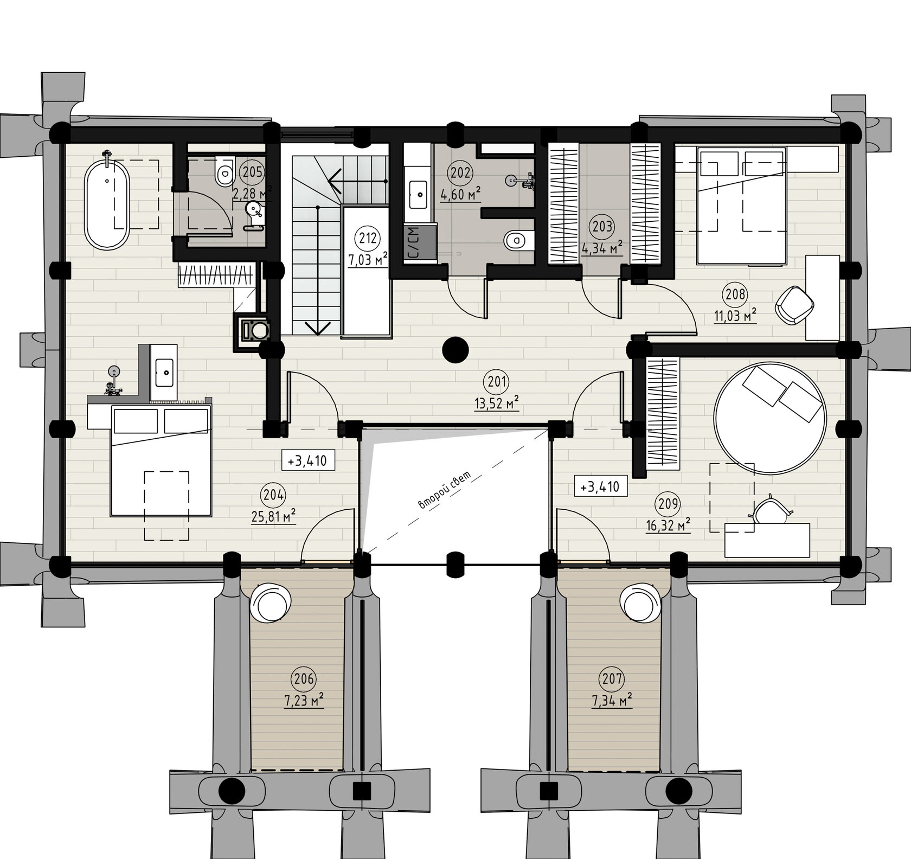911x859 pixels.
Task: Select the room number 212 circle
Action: coord(366,237)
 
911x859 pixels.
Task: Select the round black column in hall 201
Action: coord(455,350)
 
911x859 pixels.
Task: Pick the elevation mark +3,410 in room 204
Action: coord(307,460)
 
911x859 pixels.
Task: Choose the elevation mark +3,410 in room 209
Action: coord(601,486)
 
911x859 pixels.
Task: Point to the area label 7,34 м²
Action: coord(611,700)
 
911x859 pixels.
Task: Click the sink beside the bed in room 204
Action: coord(164,373)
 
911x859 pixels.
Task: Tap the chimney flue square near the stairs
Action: coord(253,329)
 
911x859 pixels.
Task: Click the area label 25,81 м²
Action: coord(273,517)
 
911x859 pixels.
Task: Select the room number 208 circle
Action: coord(735,295)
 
